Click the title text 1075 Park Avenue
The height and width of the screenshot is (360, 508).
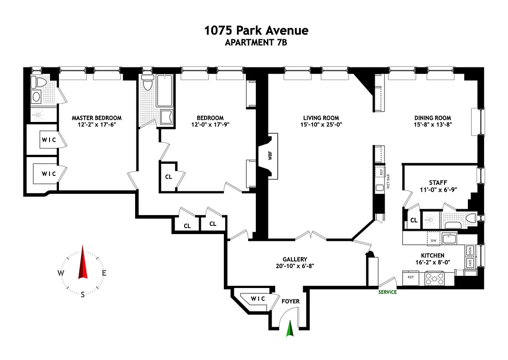point(256,30)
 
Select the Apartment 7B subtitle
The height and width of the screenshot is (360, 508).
point(256,43)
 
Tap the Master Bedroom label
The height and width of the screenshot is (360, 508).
point(96,118)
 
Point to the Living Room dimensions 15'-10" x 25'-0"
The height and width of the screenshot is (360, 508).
point(321,125)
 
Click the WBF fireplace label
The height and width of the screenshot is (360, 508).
point(270,156)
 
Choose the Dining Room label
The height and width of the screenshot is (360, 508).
point(432,118)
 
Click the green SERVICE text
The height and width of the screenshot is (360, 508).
point(387,292)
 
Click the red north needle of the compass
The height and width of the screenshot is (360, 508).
point(82,262)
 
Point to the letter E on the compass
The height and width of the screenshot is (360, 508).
point(104,273)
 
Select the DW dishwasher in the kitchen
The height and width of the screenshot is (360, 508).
point(434,241)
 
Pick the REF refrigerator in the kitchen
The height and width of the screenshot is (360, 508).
point(411,278)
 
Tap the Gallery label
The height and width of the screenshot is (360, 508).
point(295,259)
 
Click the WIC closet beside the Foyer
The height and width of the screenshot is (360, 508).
point(257,299)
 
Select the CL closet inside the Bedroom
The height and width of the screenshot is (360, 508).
point(168,177)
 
